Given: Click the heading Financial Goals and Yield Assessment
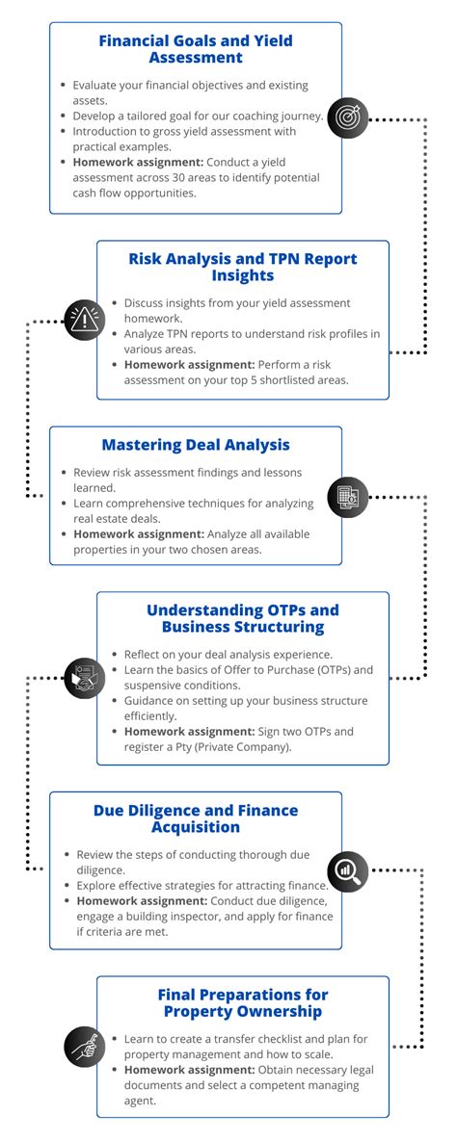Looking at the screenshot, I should pos(195,49).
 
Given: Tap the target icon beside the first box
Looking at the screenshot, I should pos(346,117).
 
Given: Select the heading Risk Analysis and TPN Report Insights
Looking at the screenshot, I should pos(243,267).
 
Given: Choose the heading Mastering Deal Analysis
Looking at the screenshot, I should pos(196,445).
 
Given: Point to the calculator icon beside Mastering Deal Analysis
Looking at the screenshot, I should pos(346,497).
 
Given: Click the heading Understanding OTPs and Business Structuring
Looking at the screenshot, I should pos(243,618).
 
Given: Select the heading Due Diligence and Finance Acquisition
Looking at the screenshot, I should pos(196,818).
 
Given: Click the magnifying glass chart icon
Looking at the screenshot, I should pos(346,869).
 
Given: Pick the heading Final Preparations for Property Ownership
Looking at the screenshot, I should pos(243,1002).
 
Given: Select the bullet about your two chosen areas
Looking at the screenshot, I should pos(202,543).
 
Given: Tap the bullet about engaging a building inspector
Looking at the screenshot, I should pos(202,909).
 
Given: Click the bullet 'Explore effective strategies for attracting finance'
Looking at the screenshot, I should pos(202,884).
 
